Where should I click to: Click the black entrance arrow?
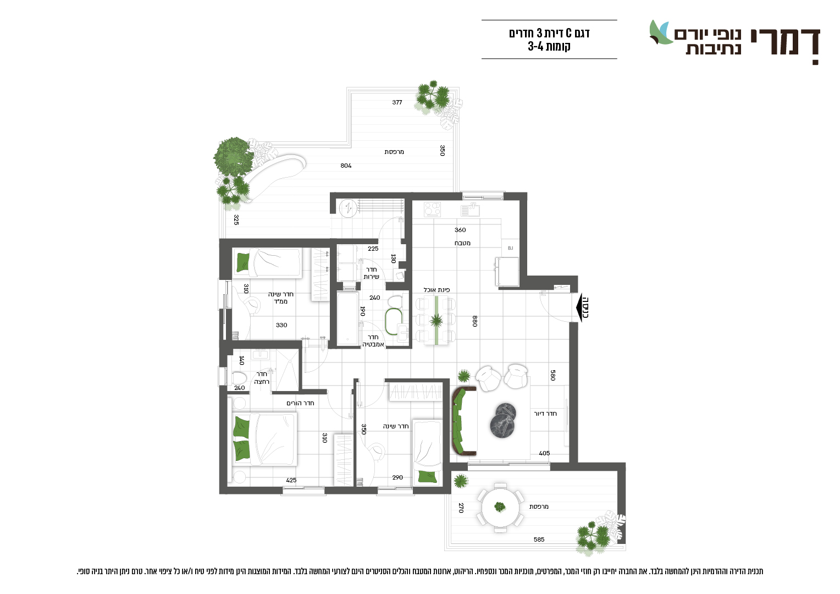coord(579,307)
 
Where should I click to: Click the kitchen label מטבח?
coord(462,243)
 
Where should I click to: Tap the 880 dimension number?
coord(475,321)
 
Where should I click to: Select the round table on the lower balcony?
coord(500,508)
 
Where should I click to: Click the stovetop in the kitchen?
coord(433,210)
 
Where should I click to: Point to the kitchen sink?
coord(470,210)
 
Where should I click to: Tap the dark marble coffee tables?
coord(503,420)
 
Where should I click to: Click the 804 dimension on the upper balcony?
coord(346,166)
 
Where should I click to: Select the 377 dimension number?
coord(397,102)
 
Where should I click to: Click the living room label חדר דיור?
coord(545,414)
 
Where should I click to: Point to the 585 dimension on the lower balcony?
coord(539,540)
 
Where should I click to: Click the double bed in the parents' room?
coord(264,439)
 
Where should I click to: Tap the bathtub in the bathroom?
coord(347,318)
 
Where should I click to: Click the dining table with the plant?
coord(436,320)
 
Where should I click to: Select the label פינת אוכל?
coord(436,290)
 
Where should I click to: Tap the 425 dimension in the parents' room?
coord(291,480)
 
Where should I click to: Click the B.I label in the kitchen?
coord(510,248)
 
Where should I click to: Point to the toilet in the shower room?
coord(239,378)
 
